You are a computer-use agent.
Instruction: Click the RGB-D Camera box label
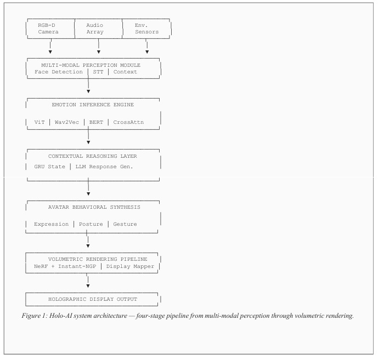48,28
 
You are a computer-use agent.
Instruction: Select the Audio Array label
95,28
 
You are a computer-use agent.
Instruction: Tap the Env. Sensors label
146,28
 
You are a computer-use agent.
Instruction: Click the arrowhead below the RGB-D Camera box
50,52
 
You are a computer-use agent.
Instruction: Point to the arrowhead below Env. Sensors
147,52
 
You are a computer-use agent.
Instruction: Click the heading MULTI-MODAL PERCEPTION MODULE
91,65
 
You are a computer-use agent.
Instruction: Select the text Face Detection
59,72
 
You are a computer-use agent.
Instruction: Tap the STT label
98,72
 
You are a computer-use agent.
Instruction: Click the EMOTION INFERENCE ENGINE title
93,105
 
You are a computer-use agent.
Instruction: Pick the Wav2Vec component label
67,122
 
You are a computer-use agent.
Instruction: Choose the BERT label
96,122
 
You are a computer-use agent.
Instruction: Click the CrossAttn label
128,122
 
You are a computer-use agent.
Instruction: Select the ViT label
40,122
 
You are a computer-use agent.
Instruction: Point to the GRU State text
50,167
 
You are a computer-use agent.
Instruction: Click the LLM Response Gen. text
104,167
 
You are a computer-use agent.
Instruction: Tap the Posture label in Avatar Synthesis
91,224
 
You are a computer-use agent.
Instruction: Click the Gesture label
125,224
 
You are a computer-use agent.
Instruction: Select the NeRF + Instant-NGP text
65,266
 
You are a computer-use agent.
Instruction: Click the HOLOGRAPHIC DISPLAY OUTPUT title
93,299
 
